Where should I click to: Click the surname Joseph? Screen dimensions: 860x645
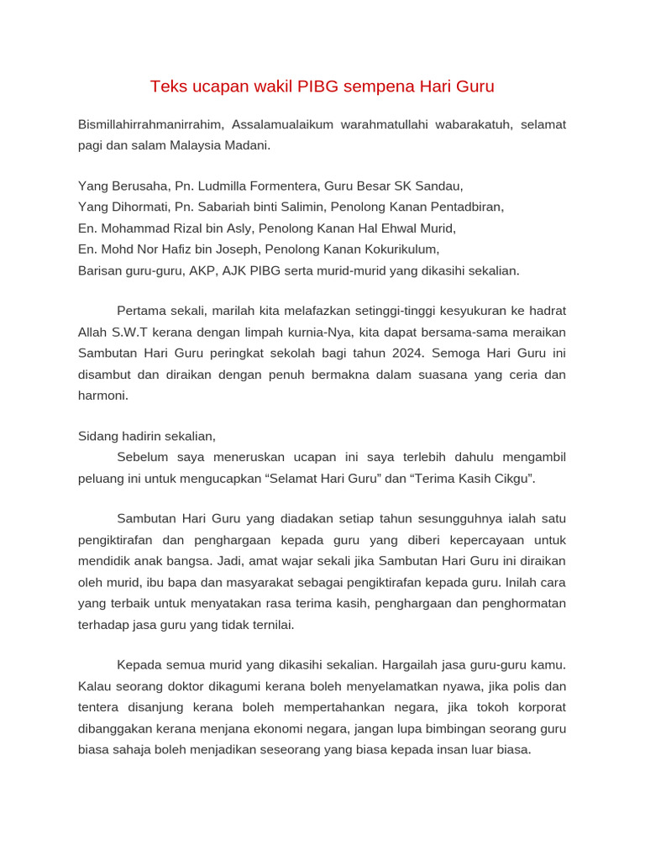pos(237,249)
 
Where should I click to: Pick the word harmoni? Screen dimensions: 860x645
pos(102,395)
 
